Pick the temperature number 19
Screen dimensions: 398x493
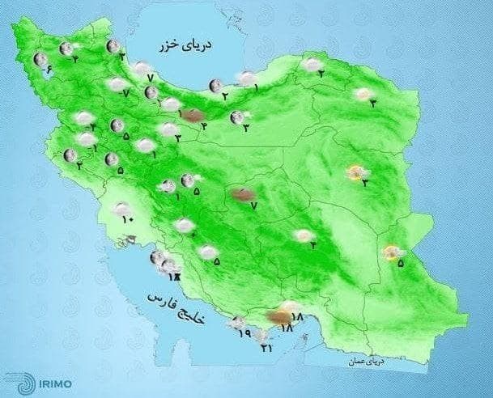pyautogui.click(x=244, y=332)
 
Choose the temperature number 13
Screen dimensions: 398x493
pyautogui.click(x=172, y=277)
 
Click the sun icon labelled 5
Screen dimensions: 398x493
pyautogui.click(x=393, y=253)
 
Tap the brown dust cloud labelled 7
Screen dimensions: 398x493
pyautogui.click(x=243, y=194)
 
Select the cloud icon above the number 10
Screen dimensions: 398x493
pyautogui.click(x=121, y=209)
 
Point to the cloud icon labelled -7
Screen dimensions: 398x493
pyautogui.click(x=118, y=83)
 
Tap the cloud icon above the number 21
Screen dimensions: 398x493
pyautogui.click(x=260, y=334)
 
